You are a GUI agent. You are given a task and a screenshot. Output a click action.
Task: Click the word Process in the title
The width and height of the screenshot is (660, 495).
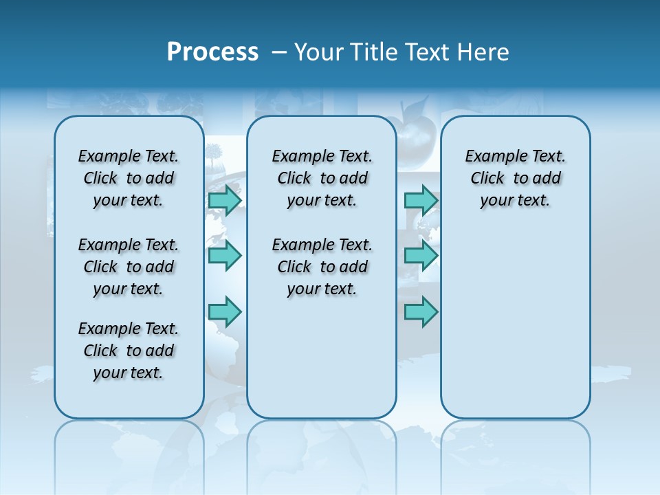[x=212, y=52]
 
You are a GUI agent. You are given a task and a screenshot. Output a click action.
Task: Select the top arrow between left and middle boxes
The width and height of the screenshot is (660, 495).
[x=225, y=200]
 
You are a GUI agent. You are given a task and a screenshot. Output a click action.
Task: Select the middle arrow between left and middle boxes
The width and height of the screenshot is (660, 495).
[x=225, y=256]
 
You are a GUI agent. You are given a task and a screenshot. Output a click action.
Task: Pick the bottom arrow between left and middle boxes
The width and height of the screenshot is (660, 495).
[x=225, y=311]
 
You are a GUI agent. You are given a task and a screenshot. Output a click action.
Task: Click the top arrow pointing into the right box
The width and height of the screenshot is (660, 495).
[x=421, y=200]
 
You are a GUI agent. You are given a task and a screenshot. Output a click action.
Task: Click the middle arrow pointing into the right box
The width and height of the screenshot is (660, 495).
[x=421, y=256]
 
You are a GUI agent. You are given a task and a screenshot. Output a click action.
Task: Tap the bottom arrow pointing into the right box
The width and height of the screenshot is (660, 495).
[x=421, y=311]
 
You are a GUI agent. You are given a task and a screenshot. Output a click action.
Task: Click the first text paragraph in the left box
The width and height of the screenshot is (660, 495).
[x=129, y=178]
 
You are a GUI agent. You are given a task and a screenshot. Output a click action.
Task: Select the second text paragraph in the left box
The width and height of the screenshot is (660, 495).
[x=129, y=267]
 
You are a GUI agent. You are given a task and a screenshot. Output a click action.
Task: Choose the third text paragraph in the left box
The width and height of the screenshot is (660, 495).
[x=129, y=351]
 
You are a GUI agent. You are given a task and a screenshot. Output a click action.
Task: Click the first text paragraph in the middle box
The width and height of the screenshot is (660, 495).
[x=322, y=178]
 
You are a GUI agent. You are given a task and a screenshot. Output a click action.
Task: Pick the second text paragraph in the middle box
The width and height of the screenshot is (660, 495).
[x=322, y=267]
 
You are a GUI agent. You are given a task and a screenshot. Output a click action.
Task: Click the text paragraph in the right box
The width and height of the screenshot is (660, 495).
[x=515, y=178]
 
